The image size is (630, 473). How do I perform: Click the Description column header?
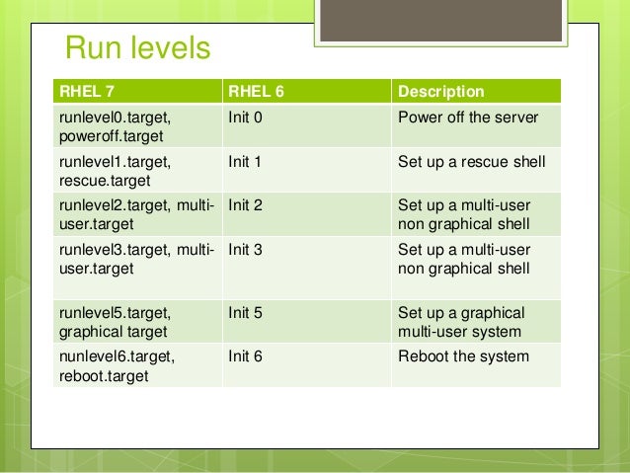pos(440,92)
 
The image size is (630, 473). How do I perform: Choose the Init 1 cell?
pos(244,161)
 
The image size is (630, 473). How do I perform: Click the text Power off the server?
pos(467,118)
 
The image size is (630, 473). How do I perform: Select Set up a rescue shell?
pos(471,161)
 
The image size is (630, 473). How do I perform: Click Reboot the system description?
pos(463,356)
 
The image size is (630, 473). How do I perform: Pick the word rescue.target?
pos(104,180)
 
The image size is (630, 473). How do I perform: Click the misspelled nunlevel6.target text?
pos(116,356)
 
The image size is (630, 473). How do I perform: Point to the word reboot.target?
pos(104,375)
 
